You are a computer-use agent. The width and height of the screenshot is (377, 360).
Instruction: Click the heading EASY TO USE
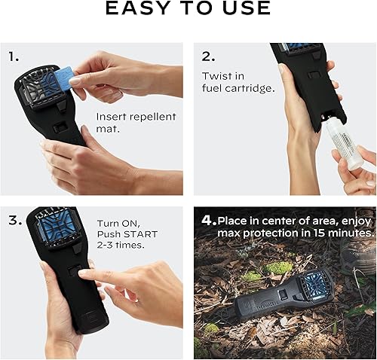point(188,9)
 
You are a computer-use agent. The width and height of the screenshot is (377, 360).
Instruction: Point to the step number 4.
point(208,221)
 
